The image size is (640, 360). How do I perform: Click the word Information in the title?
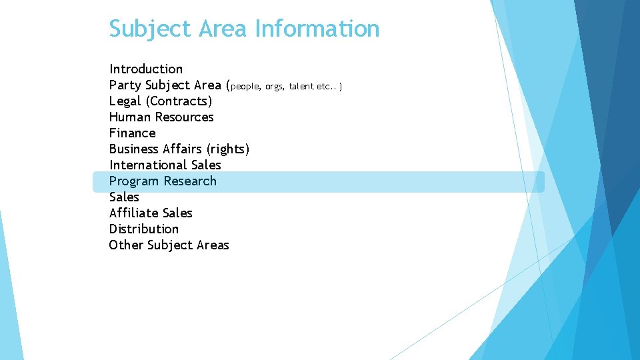317,29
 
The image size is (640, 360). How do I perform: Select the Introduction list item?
146,69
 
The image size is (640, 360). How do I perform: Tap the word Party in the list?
125,85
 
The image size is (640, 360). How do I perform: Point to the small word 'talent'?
301,86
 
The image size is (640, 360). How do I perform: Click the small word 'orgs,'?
274,86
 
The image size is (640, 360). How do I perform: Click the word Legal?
125,101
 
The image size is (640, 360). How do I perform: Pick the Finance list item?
132,133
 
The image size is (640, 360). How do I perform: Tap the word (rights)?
228,149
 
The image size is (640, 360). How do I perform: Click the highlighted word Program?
134,181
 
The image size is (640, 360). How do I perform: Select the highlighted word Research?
190,181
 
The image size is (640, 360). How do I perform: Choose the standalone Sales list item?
124,197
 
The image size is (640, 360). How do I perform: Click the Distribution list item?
144,229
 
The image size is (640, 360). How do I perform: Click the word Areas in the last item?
213,245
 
